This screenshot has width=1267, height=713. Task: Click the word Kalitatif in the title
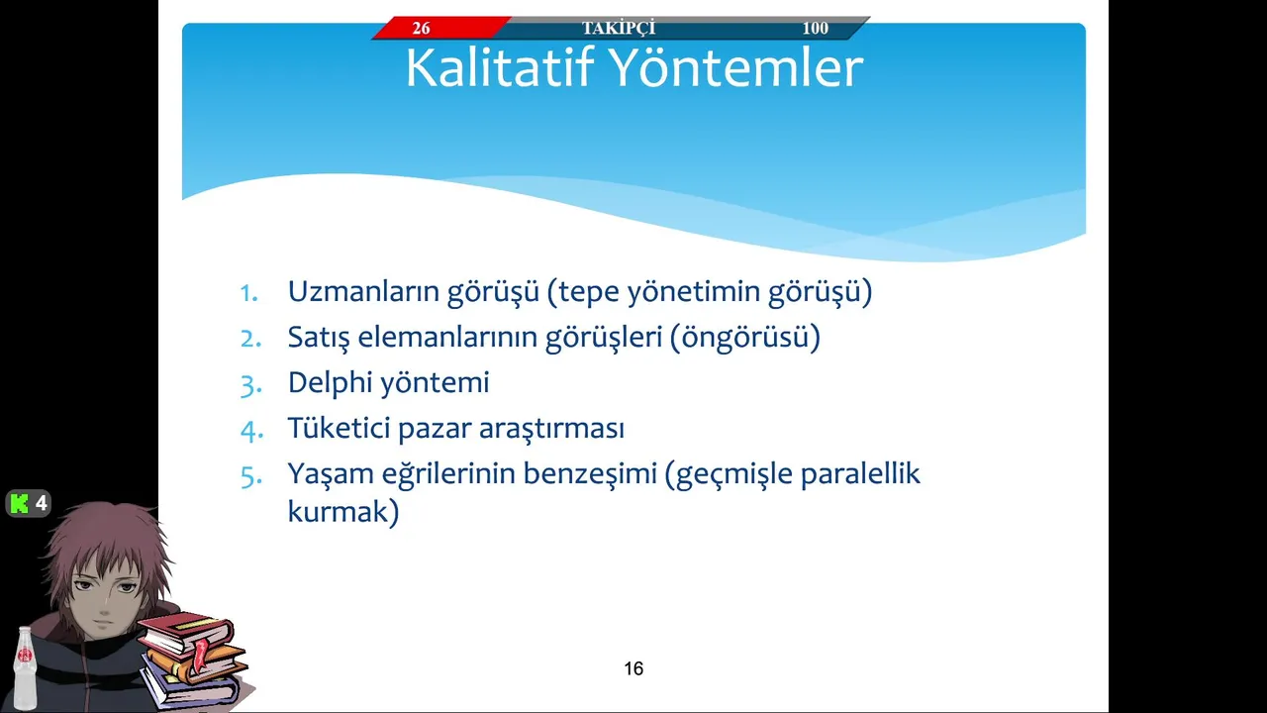[x=500, y=68]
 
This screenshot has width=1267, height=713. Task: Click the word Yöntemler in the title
[x=737, y=68]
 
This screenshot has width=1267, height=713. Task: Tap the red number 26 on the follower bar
[x=421, y=28]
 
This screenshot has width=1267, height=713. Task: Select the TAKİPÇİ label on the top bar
[x=619, y=28]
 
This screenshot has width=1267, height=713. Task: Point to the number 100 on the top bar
[x=815, y=28]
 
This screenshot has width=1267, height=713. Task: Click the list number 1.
[x=249, y=293]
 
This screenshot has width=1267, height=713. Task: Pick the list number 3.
[x=251, y=385]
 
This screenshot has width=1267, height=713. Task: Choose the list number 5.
[x=251, y=476]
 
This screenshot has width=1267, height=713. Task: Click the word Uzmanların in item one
[x=363, y=291]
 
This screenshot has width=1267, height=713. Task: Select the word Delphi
[x=330, y=383]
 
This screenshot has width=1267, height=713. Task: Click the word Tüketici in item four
[x=339, y=428]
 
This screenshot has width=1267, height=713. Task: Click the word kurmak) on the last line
[x=343, y=512]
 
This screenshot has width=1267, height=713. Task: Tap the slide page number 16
[x=633, y=668]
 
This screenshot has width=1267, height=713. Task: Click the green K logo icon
[x=20, y=503]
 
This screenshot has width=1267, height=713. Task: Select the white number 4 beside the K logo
[x=41, y=503]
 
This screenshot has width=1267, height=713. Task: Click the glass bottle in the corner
[x=25, y=668]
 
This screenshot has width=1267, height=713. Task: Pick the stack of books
[x=193, y=661]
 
